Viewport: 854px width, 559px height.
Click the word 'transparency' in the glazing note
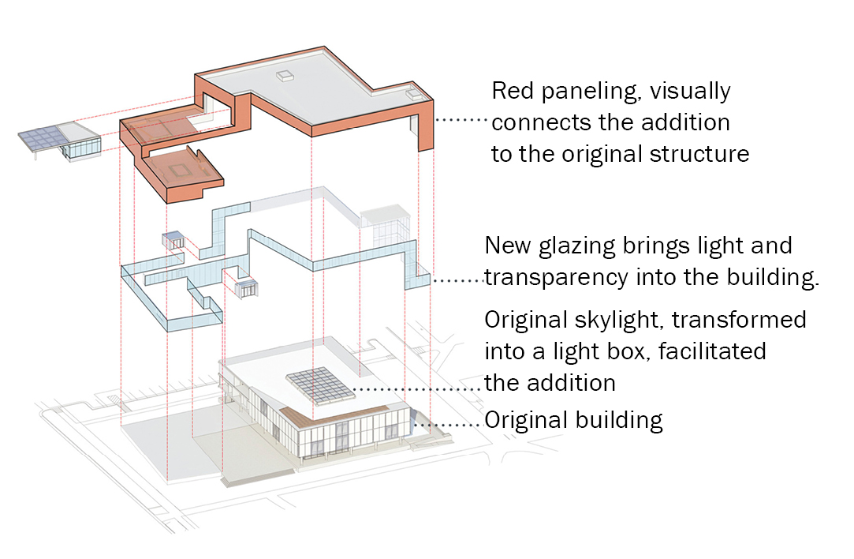tap(557, 278)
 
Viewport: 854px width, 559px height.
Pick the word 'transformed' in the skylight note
tap(739, 320)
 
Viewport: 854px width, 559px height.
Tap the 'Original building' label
tap(573, 421)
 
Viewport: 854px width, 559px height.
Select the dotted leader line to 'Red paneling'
tap(461, 119)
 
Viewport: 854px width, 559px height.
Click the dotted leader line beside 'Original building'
tap(448, 424)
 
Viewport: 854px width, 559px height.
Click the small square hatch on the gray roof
tap(285, 77)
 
